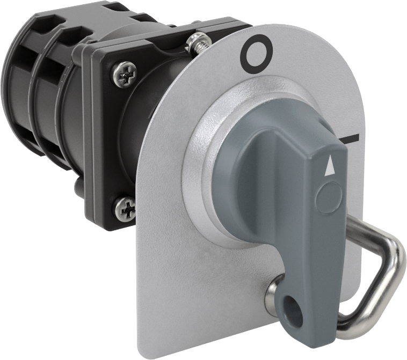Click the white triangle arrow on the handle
tap(329, 166)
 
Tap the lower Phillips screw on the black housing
tap(126, 208)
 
